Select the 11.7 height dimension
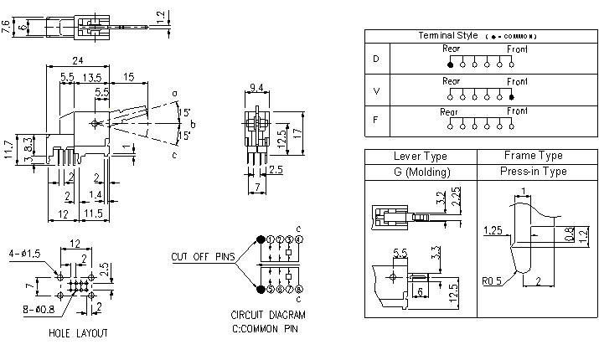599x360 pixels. coord(8,149)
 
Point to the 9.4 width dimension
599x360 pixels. coord(257,86)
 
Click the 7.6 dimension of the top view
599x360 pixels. coord(7,28)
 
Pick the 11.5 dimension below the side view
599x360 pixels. coord(94,215)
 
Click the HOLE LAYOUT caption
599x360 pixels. coord(78,332)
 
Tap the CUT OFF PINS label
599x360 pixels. coord(202,256)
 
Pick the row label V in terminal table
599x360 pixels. coord(375,90)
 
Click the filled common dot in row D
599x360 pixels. coord(451,64)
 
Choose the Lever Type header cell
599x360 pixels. coord(420,156)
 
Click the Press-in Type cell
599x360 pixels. coord(533,172)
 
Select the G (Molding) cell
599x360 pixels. coord(420,172)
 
